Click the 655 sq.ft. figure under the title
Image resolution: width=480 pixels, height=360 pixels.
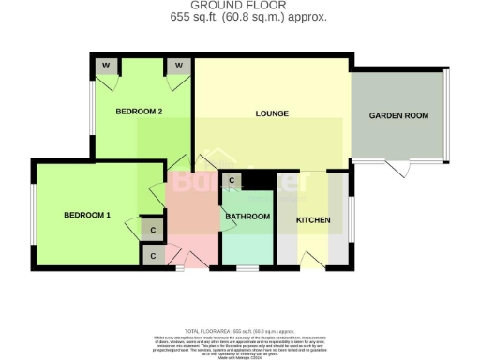tap(191, 18)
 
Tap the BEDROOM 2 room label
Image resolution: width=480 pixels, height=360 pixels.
tap(140, 112)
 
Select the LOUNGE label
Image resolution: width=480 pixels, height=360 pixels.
tap(271, 113)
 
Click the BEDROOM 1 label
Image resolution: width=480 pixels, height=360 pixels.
tap(87, 215)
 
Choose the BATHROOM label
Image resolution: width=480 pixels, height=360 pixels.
tap(247, 217)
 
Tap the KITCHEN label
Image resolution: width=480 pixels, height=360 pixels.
tap(312, 219)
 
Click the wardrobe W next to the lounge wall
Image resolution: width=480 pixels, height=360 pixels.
tap(175, 66)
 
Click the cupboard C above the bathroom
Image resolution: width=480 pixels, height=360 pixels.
tap(230, 180)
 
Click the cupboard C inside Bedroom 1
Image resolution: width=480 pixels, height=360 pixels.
tap(152, 228)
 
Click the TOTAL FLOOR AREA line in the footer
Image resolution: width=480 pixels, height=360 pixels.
tap(239, 332)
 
